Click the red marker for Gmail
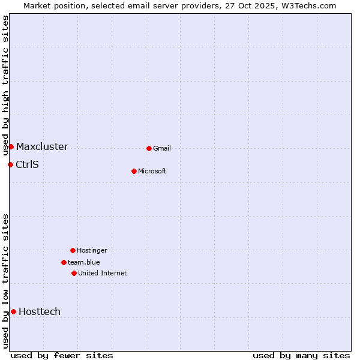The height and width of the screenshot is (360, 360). click(149, 148)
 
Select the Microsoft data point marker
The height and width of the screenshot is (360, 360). click(134, 171)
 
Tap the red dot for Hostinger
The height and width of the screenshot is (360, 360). click(73, 250)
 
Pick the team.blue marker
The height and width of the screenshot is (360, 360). click(64, 262)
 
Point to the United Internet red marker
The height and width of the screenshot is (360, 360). click(74, 273)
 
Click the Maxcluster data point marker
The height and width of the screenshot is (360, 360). click(11, 146)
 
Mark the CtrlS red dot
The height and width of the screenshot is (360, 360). click(10, 164)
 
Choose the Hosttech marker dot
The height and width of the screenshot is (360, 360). click(13, 311)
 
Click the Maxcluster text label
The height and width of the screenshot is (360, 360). click(42, 147)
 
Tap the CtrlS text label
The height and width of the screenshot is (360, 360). click(27, 165)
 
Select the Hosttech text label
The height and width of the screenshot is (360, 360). click(40, 312)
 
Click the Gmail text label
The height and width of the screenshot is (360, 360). click(162, 149)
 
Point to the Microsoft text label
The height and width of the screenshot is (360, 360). click(152, 172)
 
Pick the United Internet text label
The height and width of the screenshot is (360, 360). click(103, 274)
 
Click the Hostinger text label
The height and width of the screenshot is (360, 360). click(92, 251)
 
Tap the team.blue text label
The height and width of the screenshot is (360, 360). click(84, 263)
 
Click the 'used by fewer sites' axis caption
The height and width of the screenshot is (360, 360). click(62, 355)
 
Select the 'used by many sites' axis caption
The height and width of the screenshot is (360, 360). click(301, 355)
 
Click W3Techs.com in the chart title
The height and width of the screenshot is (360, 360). click(310, 5)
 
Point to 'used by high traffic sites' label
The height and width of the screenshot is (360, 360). click(5, 84)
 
